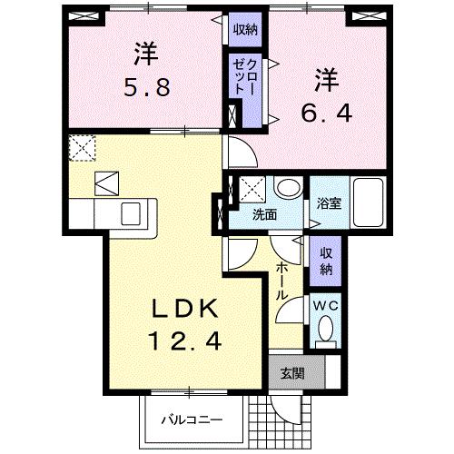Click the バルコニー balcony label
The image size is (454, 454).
[192, 419]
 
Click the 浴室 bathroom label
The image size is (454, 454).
[328, 204]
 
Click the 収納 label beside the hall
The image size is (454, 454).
[326, 261]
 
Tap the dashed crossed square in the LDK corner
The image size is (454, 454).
[82, 147]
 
